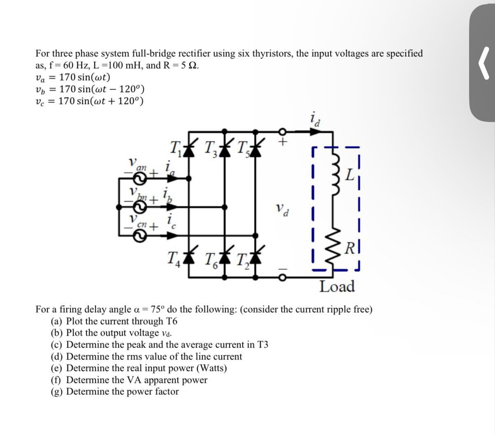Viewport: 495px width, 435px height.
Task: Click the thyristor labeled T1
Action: click(x=190, y=150)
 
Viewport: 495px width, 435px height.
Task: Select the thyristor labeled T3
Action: click(x=224, y=150)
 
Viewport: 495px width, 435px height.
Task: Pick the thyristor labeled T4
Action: click(x=190, y=258)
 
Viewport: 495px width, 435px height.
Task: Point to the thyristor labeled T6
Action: click(x=224, y=258)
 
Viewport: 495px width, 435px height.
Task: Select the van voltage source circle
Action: click(x=139, y=178)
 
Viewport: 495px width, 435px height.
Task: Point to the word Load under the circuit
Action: click(x=337, y=286)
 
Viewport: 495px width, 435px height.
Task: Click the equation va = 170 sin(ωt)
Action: click(x=73, y=77)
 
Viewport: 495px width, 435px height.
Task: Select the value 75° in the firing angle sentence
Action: click(x=158, y=309)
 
